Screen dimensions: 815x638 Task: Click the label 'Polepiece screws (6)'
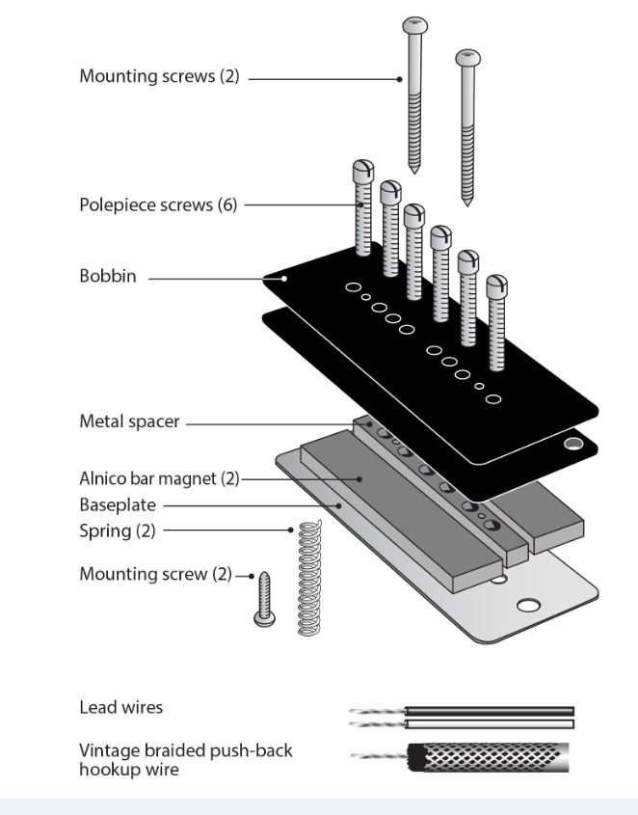pyautogui.click(x=158, y=204)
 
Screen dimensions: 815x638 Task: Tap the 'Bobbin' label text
pyautogui.click(x=107, y=277)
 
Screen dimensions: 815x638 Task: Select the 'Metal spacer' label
pyautogui.click(x=128, y=421)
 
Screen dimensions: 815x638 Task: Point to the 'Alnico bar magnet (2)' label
pyautogui.click(x=158, y=478)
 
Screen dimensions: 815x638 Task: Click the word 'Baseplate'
pyautogui.click(x=117, y=504)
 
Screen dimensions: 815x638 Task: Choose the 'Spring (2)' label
pyautogui.click(x=117, y=530)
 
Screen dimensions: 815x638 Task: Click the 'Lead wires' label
pyautogui.click(x=120, y=707)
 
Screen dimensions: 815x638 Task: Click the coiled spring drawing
pyautogui.click(x=308, y=579)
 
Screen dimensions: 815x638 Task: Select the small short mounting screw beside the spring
pyautogui.click(x=263, y=598)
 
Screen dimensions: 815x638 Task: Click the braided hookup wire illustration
pyautogui.click(x=490, y=758)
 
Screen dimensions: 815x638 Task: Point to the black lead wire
pyautogui.click(x=492, y=712)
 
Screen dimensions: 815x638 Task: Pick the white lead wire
pyautogui.click(x=492, y=723)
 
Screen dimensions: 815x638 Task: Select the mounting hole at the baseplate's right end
pyautogui.click(x=528, y=606)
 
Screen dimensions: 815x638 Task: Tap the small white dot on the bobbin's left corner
pyautogui.click(x=283, y=279)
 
